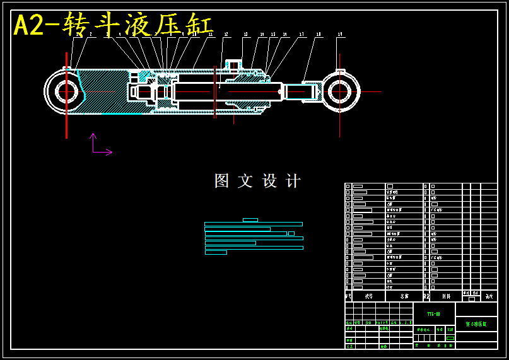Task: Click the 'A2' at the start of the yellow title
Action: click(x=28, y=26)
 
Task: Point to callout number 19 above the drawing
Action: click(x=340, y=35)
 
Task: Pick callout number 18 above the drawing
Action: click(x=319, y=35)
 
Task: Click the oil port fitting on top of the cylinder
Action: click(x=233, y=66)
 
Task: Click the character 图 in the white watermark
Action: click(x=221, y=181)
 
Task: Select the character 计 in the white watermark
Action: click(x=293, y=181)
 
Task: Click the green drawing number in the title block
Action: click(x=433, y=313)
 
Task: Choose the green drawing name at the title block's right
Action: click(x=476, y=324)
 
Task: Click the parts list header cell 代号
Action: click(x=368, y=296)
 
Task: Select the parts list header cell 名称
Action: click(x=404, y=296)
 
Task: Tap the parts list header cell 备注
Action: click(x=489, y=295)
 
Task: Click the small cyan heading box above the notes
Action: click(x=250, y=220)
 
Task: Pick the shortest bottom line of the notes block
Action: click(x=216, y=252)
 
